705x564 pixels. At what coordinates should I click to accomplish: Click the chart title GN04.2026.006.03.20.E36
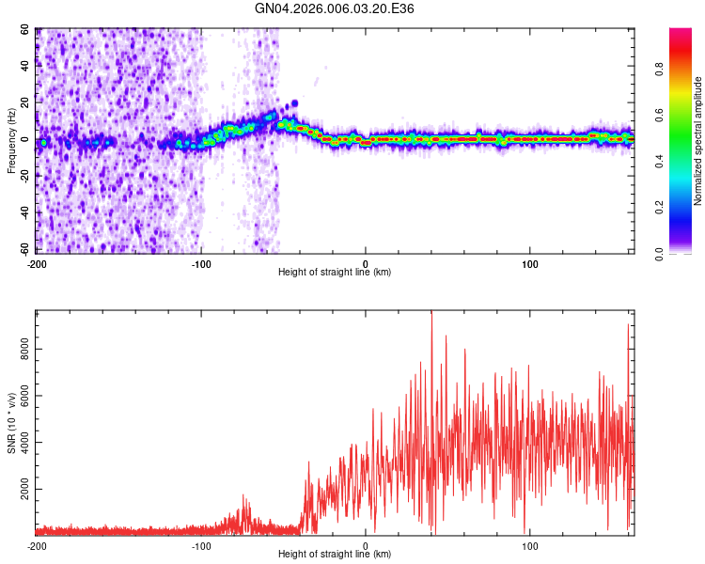point(335,8)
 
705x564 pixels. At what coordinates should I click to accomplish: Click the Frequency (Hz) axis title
point(11,140)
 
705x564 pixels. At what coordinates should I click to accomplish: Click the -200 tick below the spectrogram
point(37,263)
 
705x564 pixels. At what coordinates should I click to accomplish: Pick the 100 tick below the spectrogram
point(530,263)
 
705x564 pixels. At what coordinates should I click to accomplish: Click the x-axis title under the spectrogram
point(335,273)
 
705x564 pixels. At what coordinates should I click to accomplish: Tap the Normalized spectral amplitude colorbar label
point(698,141)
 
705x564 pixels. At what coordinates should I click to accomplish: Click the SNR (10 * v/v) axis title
point(11,424)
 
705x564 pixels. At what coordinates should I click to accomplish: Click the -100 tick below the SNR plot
point(201,545)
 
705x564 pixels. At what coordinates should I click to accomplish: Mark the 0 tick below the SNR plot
point(366,545)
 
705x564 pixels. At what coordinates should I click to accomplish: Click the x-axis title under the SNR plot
point(335,555)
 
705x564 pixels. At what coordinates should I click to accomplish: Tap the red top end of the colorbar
point(681,34)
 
